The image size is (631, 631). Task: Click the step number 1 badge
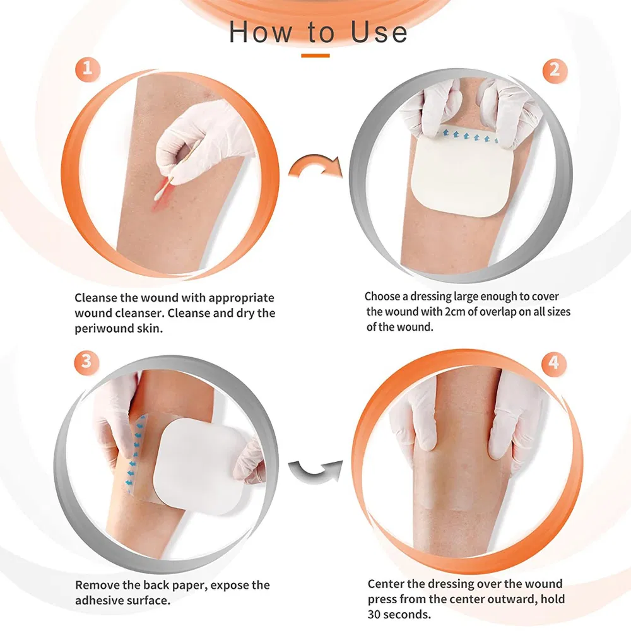(88, 68)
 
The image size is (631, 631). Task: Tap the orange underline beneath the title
(315, 56)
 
